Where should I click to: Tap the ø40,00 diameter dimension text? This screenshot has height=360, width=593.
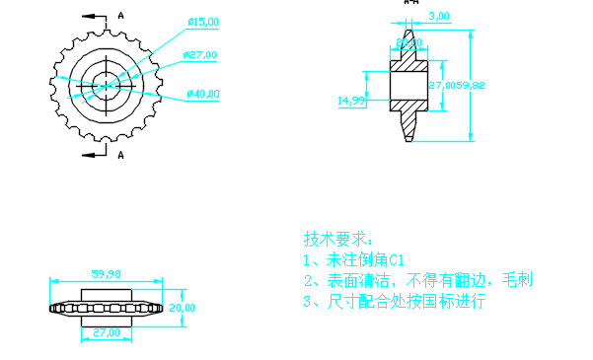click(x=202, y=95)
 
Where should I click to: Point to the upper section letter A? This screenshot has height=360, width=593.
click(x=120, y=15)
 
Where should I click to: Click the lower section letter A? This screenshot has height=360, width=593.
click(x=120, y=155)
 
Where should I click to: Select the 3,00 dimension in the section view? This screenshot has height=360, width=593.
click(x=440, y=16)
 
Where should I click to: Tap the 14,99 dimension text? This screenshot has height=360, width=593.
click(x=351, y=101)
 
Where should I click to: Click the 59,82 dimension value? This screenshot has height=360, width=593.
click(x=469, y=86)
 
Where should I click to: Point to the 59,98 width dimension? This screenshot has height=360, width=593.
click(x=106, y=274)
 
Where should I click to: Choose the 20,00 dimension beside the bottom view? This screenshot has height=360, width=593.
click(x=183, y=308)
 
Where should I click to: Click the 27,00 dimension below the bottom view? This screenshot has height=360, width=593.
click(x=106, y=333)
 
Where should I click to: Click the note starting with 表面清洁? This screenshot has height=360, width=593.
click(x=417, y=281)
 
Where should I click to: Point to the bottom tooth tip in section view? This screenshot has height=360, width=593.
click(x=409, y=138)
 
